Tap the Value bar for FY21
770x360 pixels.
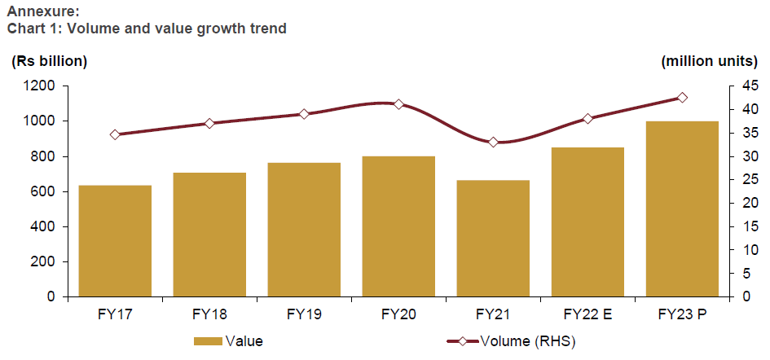point(493,239)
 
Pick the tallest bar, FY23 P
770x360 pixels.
point(682,209)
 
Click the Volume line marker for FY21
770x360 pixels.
point(493,143)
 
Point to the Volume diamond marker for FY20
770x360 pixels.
point(398,104)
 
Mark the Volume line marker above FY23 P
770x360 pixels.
point(682,98)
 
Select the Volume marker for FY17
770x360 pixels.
point(115,134)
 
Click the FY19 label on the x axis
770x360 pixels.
point(304,314)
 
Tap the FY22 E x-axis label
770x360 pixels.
point(587,314)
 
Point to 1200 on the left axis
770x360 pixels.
point(40,86)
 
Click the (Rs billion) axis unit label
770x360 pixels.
point(49,61)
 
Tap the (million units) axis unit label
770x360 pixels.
point(710,61)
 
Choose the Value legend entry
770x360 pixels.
point(228,342)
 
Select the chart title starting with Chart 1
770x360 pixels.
point(147,29)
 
